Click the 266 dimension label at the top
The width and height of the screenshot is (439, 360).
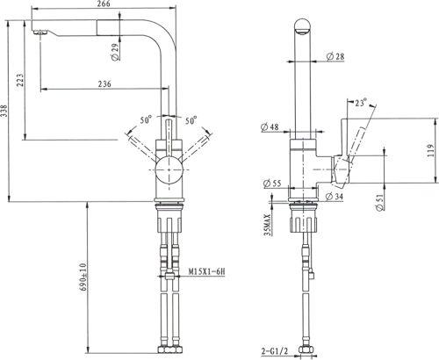pos(103,4)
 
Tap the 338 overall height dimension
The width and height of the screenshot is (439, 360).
pos(4,111)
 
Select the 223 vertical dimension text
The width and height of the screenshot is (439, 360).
pos(20,80)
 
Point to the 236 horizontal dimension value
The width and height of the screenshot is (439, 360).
pos(104,84)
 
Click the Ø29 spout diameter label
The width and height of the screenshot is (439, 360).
pos(116,53)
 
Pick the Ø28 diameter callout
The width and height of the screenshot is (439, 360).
pos(335,56)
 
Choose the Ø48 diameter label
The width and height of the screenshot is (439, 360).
pos(270,126)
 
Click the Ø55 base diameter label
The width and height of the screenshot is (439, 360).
pos(272,184)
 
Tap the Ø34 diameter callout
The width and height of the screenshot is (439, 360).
pos(334,196)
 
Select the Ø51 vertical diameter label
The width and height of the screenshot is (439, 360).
pos(379,202)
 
